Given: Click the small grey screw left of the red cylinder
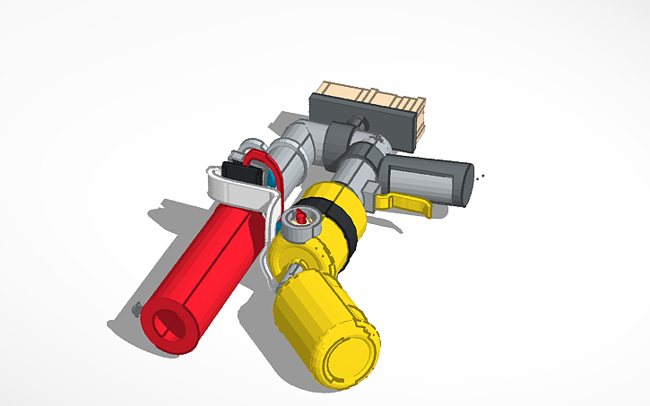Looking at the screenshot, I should point(136,311).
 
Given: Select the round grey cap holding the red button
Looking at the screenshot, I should point(299,224).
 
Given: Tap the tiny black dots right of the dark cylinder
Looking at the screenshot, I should point(483,176).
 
